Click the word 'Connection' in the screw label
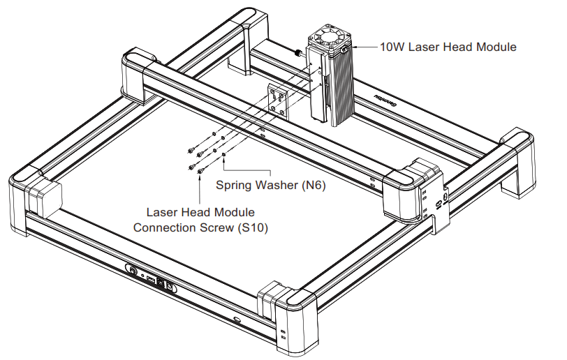click(166, 227)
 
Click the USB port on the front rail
click(149, 279)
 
